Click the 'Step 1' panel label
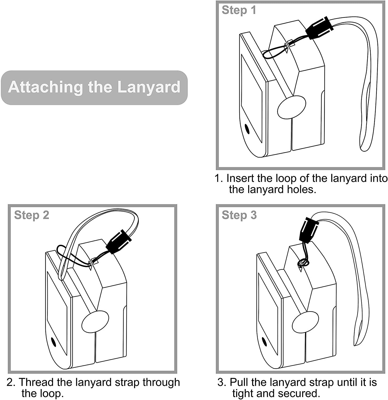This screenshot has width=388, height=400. (239, 10)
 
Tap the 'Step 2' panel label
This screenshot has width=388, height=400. (31, 215)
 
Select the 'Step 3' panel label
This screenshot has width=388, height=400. (239, 215)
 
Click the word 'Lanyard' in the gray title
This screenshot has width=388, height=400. (149, 87)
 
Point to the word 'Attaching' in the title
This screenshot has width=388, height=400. (44, 87)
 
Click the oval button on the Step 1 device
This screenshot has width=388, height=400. (291, 107)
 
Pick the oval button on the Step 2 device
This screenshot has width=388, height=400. (95, 321)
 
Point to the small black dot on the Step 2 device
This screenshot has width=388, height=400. (53, 341)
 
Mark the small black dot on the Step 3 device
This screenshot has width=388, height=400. (264, 341)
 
